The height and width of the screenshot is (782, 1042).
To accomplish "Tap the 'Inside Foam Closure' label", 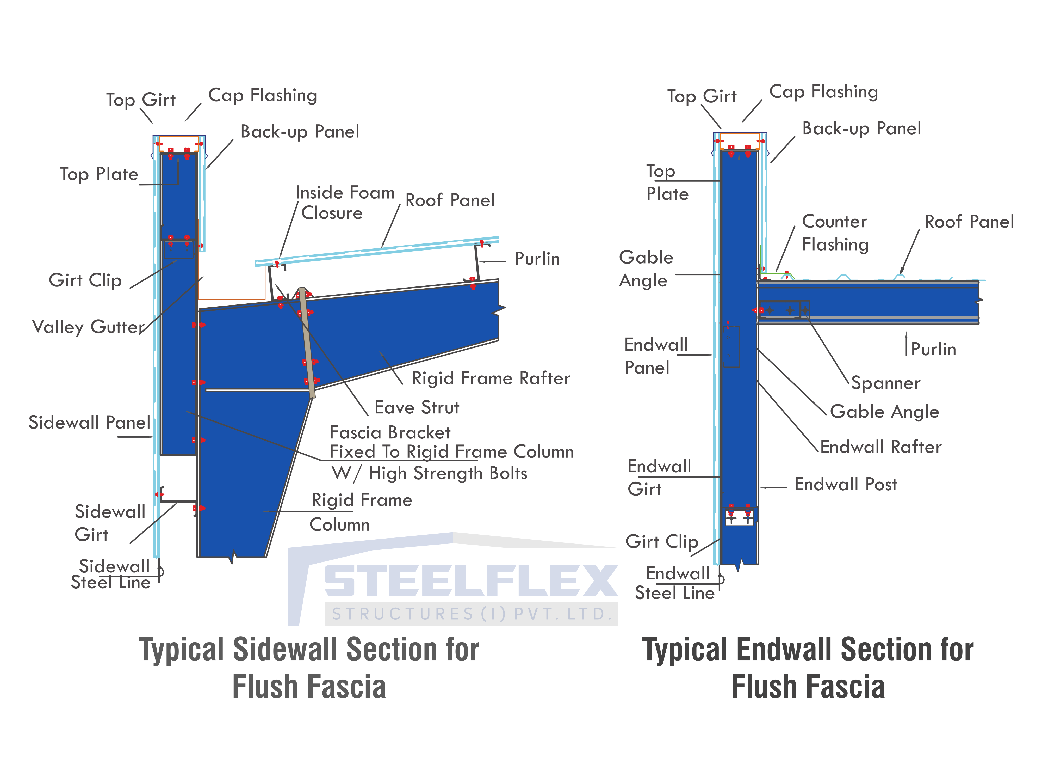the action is tap(345, 203).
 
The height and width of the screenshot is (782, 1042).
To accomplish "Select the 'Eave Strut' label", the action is tap(417, 407).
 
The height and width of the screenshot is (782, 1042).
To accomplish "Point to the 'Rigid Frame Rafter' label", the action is tap(491, 378).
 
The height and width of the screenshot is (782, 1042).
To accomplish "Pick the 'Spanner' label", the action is tap(886, 383).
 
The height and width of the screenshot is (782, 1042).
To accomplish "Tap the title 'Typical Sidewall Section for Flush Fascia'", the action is tap(309, 668).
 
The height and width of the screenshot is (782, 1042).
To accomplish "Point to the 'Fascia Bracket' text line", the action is tap(390, 432).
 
